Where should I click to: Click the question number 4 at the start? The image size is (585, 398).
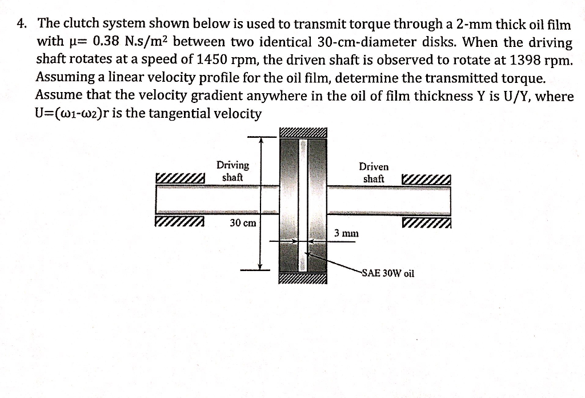coord(21,24)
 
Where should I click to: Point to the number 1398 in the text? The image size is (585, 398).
coord(534,60)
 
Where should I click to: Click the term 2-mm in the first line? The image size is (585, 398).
coord(446,24)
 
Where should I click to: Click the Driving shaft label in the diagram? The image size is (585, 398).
coord(233,171)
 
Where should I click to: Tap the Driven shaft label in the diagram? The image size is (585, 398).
coord(374,173)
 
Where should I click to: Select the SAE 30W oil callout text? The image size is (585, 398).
coord(387,273)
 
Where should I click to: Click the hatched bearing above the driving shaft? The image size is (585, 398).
coord(179,179)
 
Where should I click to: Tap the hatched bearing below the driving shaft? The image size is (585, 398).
coord(179,222)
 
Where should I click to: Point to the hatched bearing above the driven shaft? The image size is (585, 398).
coord(426,180)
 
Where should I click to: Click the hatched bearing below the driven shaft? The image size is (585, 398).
coord(426,222)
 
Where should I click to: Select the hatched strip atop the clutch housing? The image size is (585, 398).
coord(303,133)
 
